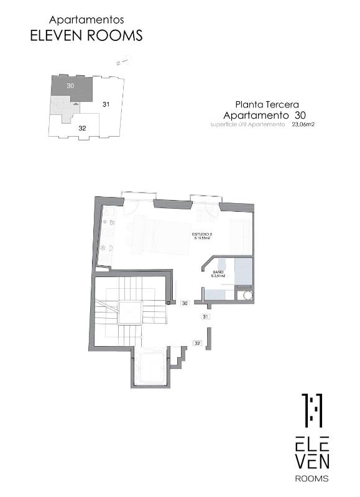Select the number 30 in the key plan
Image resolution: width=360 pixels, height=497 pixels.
tap(70, 86)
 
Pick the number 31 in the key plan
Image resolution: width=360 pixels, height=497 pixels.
tap(106, 104)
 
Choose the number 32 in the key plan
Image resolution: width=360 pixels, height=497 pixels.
tap(82, 127)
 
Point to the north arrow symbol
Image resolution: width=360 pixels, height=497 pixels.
tap(122, 62)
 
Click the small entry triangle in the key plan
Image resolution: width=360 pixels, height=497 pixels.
tap(76, 104)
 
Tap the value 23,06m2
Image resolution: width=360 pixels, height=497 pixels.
tap(303, 124)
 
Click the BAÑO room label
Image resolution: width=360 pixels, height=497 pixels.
tap(218, 273)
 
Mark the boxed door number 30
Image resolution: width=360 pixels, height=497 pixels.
tap(185, 304)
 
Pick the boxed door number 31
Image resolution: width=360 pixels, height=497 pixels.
tap(205, 317)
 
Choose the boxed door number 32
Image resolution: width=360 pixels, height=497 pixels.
tap(197, 342)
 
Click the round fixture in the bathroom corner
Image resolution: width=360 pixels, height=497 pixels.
tap(248, 295)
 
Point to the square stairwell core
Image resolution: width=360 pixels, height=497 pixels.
tap(131, 311)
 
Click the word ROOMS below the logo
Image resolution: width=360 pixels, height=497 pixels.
tap(312, 478)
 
